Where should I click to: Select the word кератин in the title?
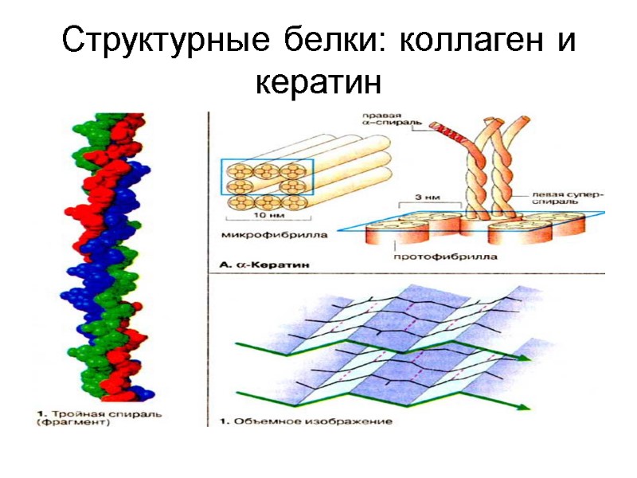coord(318,81)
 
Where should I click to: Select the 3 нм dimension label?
coord(427,195)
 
